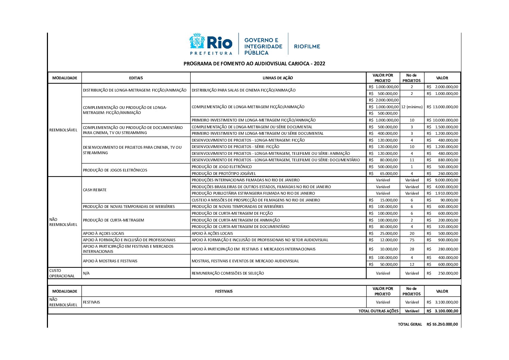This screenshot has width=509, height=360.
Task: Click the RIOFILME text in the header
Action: point(307,46)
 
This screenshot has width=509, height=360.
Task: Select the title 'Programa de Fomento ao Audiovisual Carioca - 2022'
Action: point(254,63)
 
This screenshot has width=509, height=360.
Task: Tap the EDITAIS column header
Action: point(136,78)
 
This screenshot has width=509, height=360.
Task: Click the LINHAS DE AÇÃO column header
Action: point(278,78)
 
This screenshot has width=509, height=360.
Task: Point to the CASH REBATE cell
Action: point(95,190)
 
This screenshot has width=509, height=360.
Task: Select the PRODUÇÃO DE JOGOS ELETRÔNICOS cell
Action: point(115,170)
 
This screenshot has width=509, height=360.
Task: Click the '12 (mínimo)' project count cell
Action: point(412,107)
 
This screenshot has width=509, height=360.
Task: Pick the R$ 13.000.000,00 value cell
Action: point(442,107)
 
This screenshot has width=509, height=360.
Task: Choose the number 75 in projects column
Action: point(412,240)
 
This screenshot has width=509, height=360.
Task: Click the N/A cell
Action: point(86,273)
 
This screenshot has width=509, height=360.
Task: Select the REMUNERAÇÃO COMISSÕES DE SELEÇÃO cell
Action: point(228,273)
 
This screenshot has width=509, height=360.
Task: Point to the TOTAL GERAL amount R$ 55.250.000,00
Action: point(442,325)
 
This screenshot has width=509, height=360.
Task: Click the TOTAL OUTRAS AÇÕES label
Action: point(378,311)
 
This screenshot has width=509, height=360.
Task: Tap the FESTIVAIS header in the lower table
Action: point(224,291)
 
